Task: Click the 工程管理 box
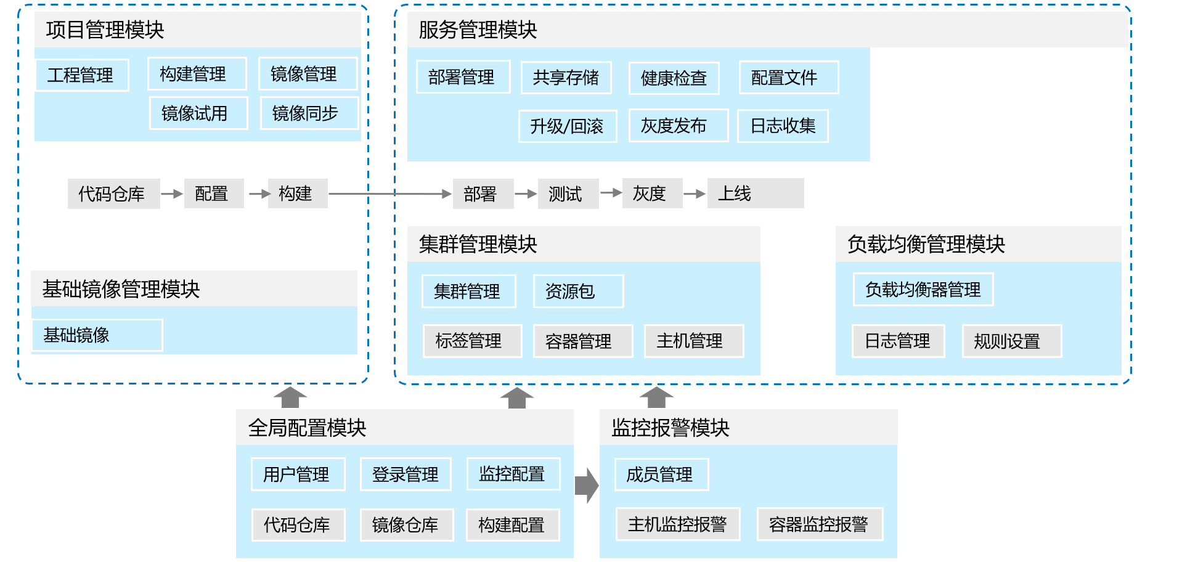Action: point(82,75)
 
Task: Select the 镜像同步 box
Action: point(309,113)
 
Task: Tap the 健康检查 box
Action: point(674,78)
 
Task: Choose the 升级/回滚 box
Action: point(567,126)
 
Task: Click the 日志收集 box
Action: point(783,126)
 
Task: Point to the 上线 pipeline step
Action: point(755,193)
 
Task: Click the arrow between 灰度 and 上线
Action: point(695,193)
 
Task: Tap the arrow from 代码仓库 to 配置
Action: point(172,193)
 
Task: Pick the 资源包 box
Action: point(578,291)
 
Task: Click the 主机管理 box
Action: point(693,341)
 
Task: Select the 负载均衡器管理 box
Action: point(923,290)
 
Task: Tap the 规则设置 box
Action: point(1011,341)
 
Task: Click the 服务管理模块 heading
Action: point(478,30)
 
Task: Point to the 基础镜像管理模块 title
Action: point(121,289)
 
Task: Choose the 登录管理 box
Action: point(406,474)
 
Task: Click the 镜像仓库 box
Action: point(406,525)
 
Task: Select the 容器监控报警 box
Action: point(819,524)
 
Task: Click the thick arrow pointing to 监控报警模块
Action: point(586,486)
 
